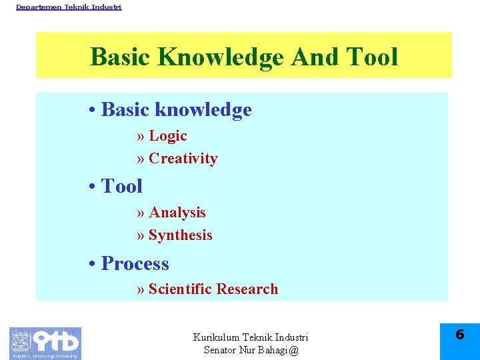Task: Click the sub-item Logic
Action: point(167,136)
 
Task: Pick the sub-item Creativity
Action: point(183,159)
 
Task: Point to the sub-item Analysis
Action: point(177,213)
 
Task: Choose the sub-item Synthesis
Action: point(181,235)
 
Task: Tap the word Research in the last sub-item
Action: point(247,289)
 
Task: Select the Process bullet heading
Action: point(135,264)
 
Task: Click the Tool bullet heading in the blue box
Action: point(121,186)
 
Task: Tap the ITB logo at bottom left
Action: point(45,343)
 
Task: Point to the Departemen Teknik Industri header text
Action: point(69,7)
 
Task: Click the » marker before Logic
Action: point(140,137)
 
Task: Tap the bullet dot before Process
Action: point(92,265)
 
